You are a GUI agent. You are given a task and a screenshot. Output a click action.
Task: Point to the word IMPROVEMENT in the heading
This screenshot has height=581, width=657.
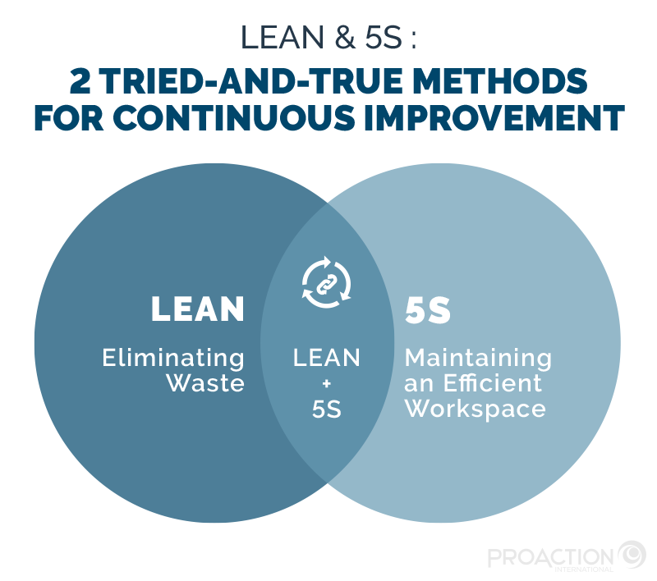tap(497, 117)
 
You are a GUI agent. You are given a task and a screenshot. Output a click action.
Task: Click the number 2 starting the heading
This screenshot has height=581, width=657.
tap(80, 82)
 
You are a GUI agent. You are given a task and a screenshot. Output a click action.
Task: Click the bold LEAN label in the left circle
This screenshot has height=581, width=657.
tap(198, 309)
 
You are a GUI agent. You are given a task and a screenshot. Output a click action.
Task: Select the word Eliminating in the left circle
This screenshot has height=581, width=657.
tap(173, 359)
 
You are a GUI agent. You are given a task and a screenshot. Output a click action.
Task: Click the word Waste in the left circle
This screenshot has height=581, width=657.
tap(205, 383)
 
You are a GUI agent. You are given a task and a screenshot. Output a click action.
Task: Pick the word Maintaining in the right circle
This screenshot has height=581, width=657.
tap(478, 359)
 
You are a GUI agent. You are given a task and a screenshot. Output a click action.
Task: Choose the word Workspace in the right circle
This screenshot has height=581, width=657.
tap(476, 408)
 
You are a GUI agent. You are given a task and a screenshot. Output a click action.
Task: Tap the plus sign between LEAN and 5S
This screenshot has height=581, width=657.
tap(327, 383)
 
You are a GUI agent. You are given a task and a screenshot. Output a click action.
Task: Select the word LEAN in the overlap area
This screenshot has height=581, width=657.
tap(327, 359)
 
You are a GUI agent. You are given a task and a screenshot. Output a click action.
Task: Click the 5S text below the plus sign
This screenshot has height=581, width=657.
tap(327, 408)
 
